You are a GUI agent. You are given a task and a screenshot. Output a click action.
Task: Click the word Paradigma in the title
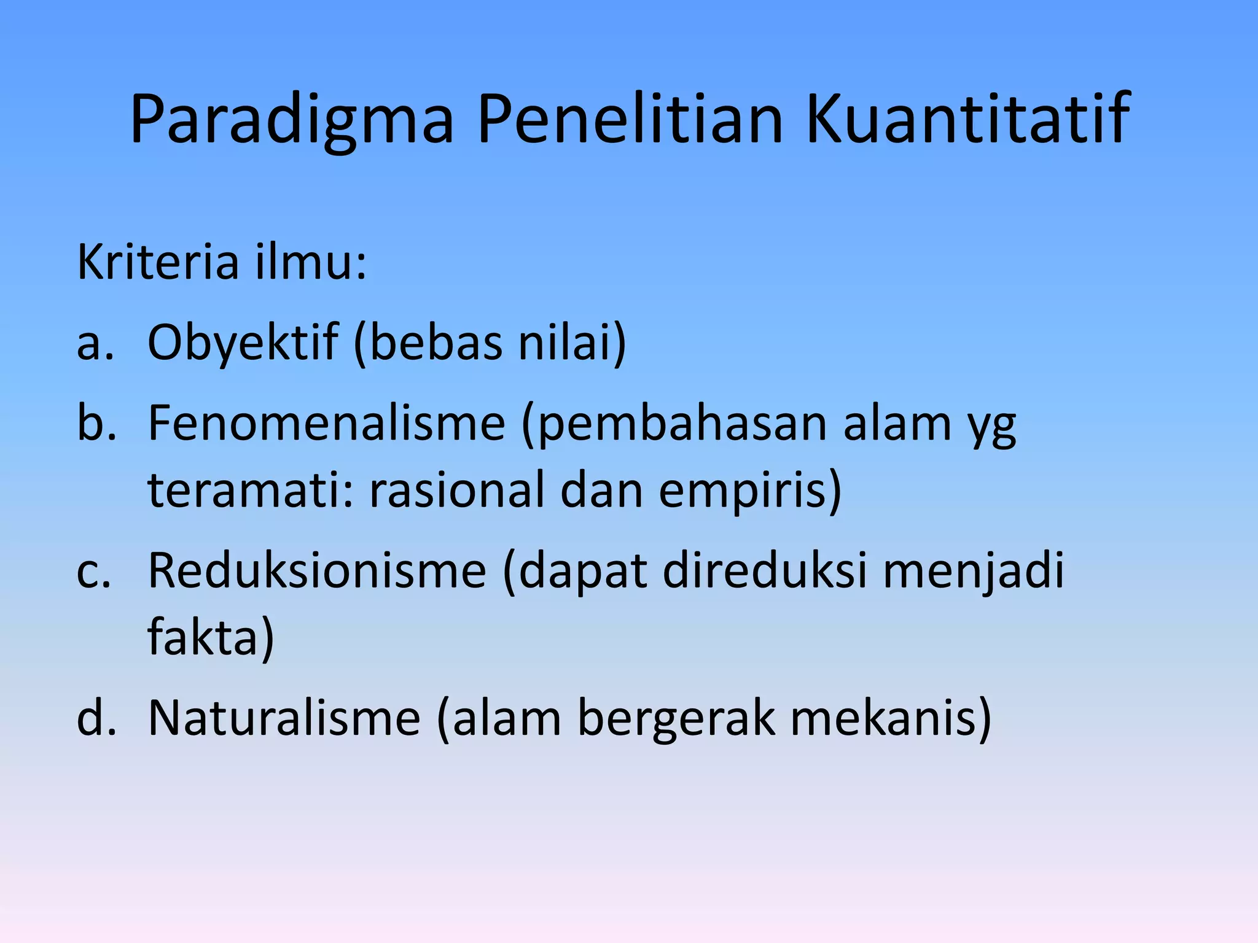(x=292, y=120)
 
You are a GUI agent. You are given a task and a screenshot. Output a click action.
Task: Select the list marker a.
(x=95, y=343)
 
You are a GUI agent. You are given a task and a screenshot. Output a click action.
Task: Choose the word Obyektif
(x=243, y=343)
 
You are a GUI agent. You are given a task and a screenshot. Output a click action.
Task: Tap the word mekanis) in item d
(x=890, y=718)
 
